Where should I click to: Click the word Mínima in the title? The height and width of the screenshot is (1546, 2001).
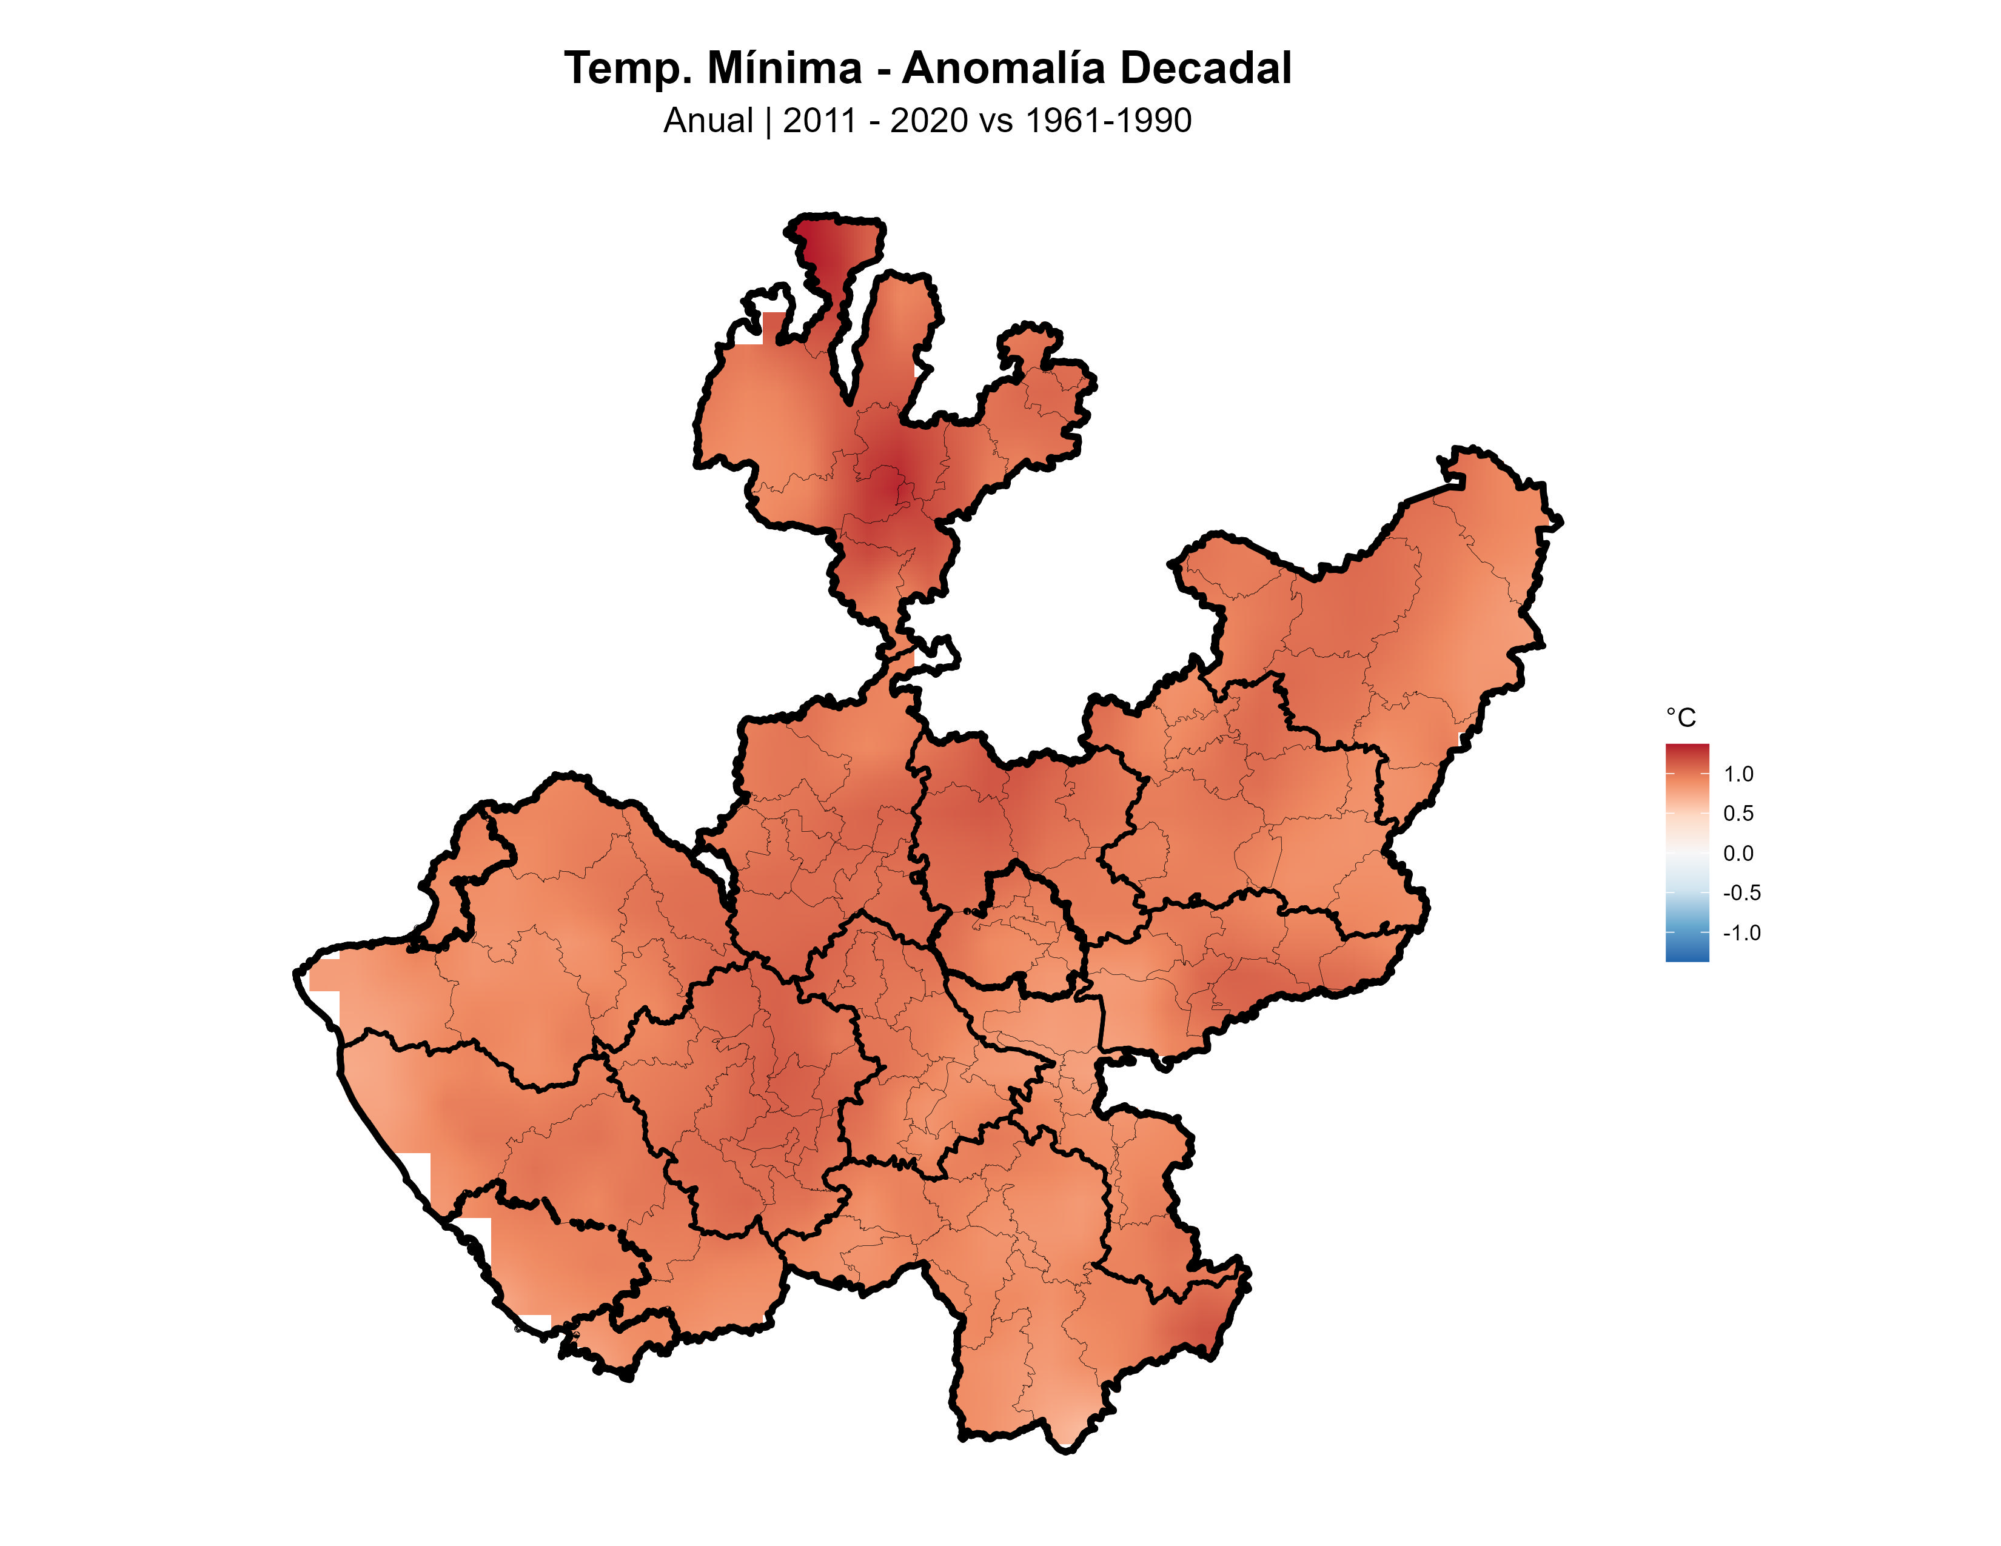coord(784,69)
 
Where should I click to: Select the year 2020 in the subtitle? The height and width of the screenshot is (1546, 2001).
coord(927,121)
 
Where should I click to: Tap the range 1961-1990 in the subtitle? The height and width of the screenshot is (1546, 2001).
coord(1108,121)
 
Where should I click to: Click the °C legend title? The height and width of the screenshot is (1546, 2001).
coord(1680,717)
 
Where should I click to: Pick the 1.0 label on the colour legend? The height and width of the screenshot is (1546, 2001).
coord(1738,774)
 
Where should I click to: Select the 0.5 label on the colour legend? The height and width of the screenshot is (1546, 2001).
coord(1738,813)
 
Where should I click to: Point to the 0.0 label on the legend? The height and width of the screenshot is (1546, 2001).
coord(1738,854)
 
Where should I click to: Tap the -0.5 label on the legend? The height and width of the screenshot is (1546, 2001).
coord(1741,893)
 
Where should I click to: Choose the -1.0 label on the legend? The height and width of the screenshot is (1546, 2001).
coord(1741,933)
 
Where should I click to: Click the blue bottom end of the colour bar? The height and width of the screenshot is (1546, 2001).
coord(1687,955)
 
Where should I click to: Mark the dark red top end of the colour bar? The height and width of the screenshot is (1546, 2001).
coord(1687,749)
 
